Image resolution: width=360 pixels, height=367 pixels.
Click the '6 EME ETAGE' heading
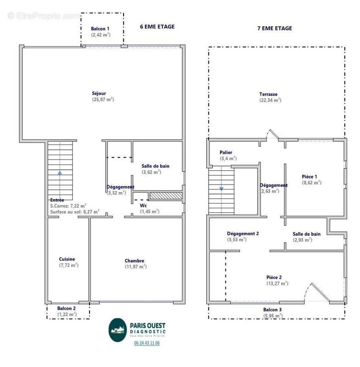pyautogui.click(x=157, y=27)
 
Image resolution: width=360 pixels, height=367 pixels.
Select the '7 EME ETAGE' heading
pyautogui.click(x=275, y=28)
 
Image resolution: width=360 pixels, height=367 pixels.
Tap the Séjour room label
pyautogui.click(x=99, y=94)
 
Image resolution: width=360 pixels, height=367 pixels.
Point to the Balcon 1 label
pyautogui.click(x=100, y=29)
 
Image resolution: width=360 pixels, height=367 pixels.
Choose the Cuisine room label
pyautogui.click(x=67, y=259)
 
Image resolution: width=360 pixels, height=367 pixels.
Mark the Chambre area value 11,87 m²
pyautogui.click(x=135, y=267)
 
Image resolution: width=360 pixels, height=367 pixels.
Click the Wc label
pyautogui.click(x=143, y=206)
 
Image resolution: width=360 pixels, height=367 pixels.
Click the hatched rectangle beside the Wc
pyautogui.click(x=166, y=196)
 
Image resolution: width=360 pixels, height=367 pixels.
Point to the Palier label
pyautogui.click(x=225, y=152)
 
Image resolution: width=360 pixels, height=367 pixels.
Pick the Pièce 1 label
pyautogui.click(x=309, y=177)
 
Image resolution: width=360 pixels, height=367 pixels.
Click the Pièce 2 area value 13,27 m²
pyautogui.click(x=277, y=283)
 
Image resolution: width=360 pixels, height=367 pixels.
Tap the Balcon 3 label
pyautogui.click(x=272, y=310)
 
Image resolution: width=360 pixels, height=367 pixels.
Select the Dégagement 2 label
pyautogui.click(x=243, y=234)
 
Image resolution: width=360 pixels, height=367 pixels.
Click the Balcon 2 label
pyautogui.click(x=67, y=308)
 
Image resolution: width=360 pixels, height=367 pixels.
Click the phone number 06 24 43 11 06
pyautogui.click(x=146, y=343)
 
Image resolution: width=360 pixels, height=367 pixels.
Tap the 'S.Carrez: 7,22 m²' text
pyautogui.click(x=68, y=206)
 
